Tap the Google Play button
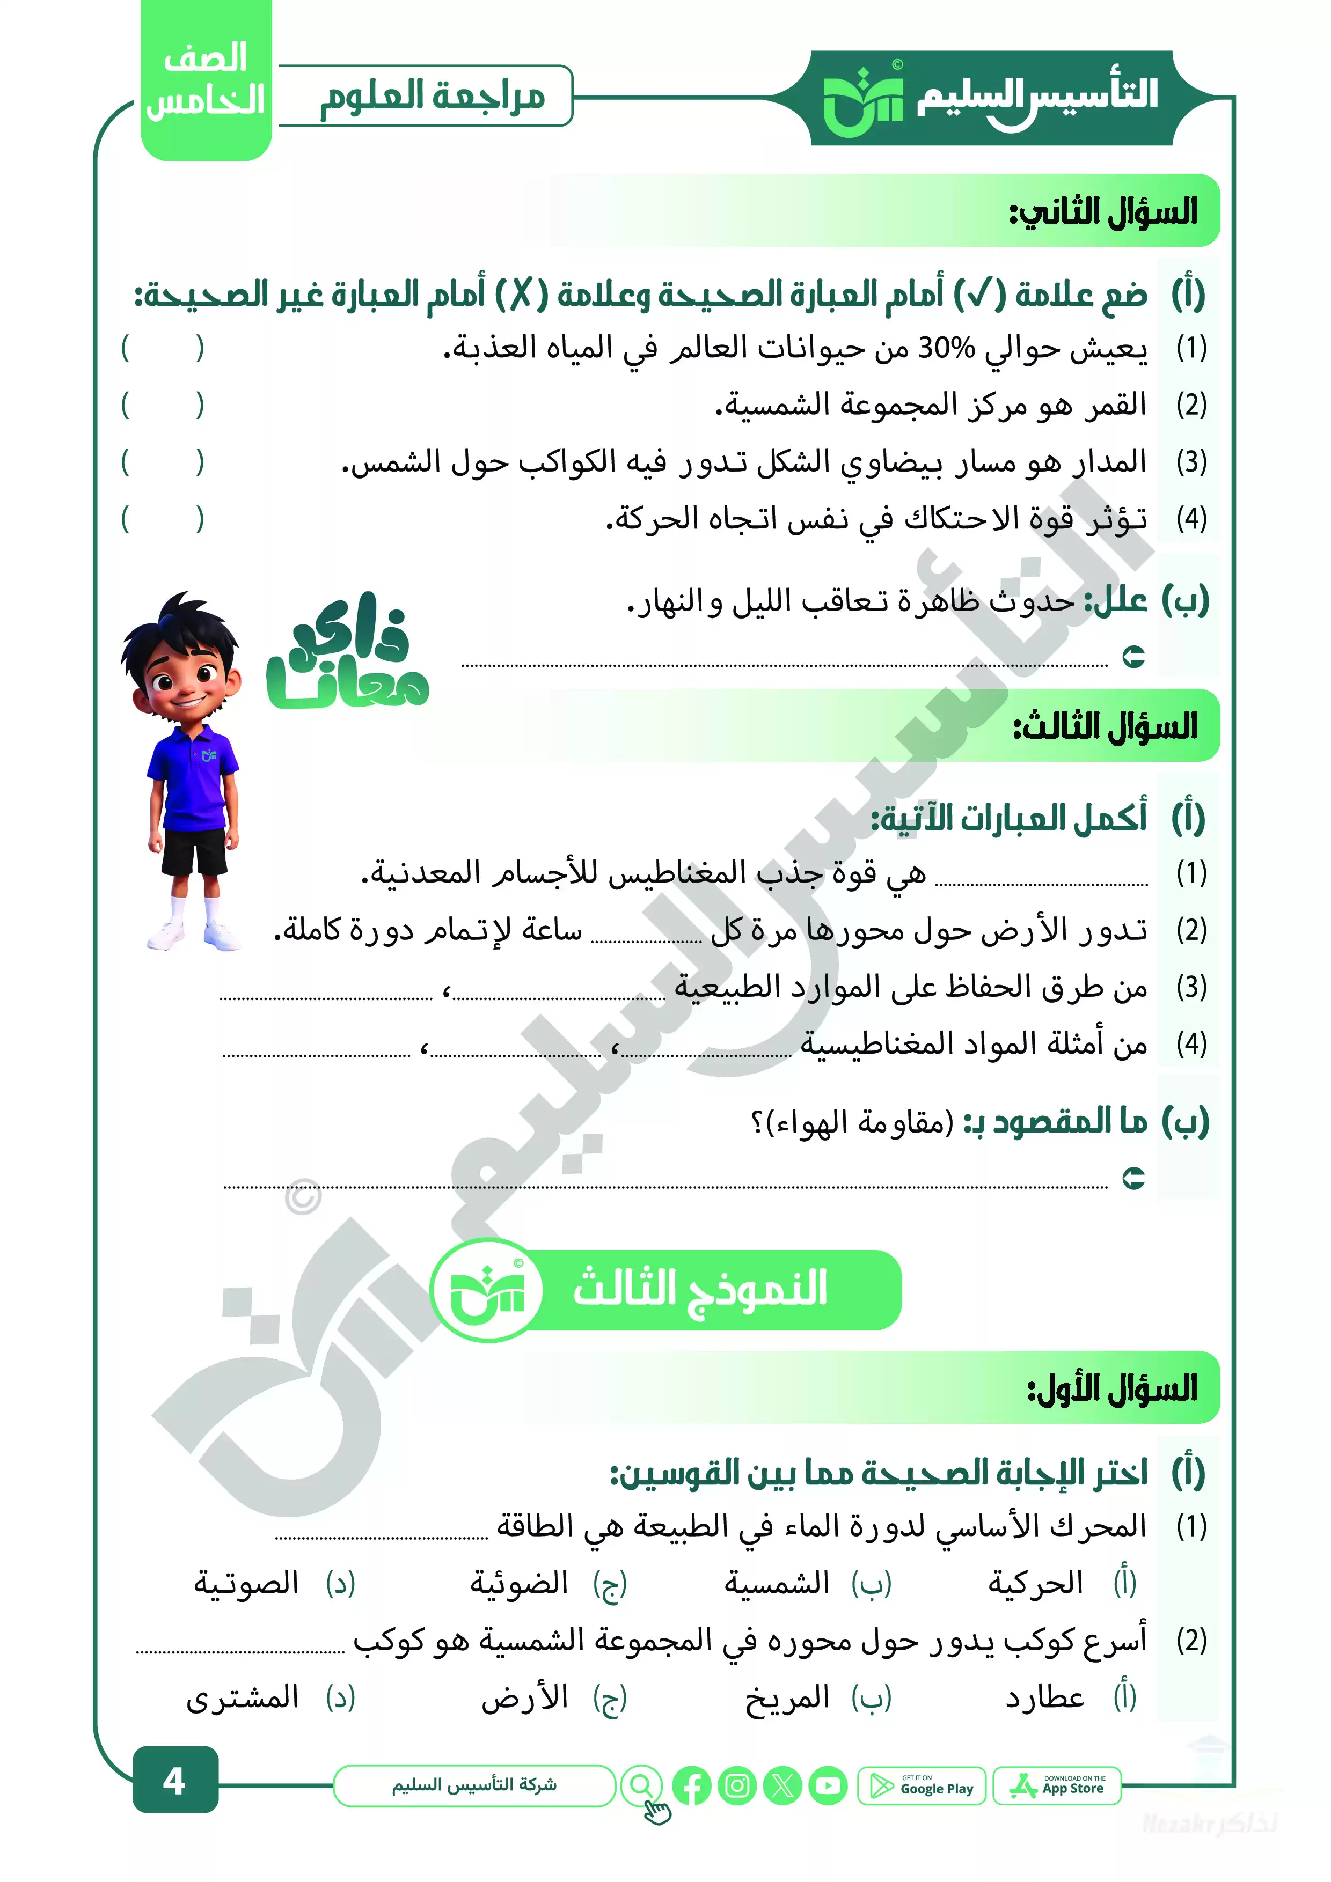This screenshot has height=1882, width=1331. pos(921,1785)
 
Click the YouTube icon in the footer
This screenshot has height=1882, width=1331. pos(828,1785)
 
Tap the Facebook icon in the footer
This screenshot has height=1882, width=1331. pos(691,1785)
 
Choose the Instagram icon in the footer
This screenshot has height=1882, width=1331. pos(737,1785)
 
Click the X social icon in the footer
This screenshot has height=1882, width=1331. pos(782,1785)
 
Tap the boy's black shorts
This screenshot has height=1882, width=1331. pos(194,851)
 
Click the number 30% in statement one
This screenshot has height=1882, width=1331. pos(946,348)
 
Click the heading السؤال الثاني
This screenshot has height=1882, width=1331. pos(1103,211)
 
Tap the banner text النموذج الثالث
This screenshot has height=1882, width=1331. pos(699,1289)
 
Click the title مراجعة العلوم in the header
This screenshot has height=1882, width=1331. pos(432,96)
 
